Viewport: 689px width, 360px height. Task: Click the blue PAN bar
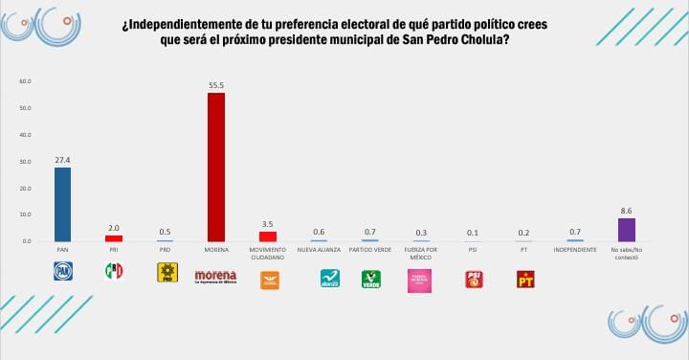pos(62,204)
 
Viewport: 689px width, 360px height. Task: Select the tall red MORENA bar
pos(216,167)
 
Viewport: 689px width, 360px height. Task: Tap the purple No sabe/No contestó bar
pos(626,229)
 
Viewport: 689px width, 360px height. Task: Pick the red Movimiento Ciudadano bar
pos(268,236)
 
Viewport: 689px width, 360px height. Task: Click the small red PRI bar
pos(114,237)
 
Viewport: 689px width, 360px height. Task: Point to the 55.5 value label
pos(216,85)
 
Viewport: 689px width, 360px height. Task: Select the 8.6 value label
pos(626,212)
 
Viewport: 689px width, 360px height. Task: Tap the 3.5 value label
pos(268,225)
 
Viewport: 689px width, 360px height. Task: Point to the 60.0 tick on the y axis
pos(26,81)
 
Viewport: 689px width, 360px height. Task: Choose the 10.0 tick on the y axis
pos(26,214)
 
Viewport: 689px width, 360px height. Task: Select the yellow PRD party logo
pos(167,274)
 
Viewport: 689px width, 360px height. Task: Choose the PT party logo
pos(524,280)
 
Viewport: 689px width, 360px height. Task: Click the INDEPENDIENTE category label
pos(574,250)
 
